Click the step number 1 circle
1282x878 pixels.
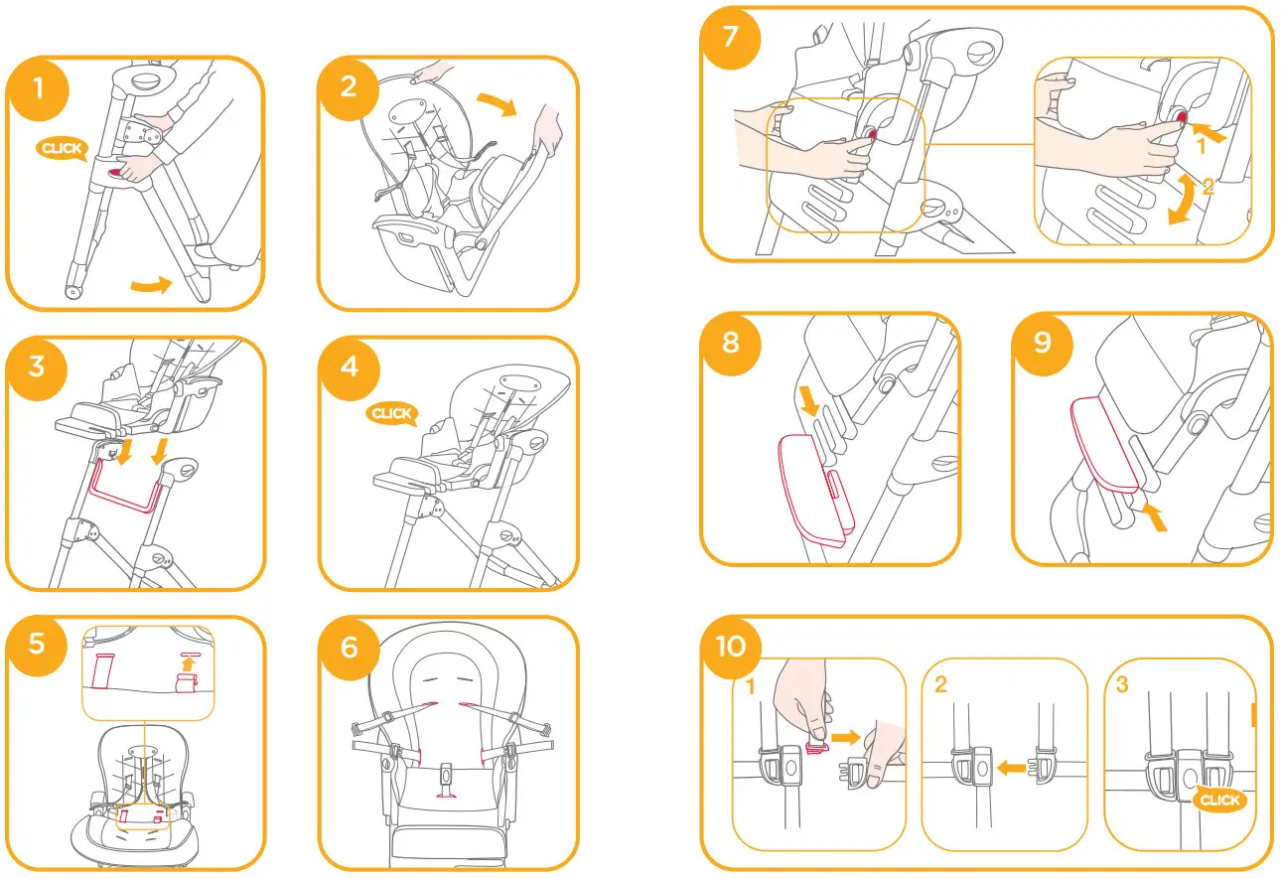39,87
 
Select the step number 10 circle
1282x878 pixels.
732,647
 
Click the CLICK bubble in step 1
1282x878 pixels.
62,149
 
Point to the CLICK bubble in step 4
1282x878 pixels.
392,413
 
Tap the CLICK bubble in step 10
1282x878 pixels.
1218,800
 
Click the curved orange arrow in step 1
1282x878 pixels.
151,286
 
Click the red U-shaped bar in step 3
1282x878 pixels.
127,489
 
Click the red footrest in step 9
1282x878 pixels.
1102,445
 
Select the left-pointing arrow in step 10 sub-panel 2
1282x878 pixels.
1011,767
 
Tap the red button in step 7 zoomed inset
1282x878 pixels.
1182,117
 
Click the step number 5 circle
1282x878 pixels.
37,645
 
